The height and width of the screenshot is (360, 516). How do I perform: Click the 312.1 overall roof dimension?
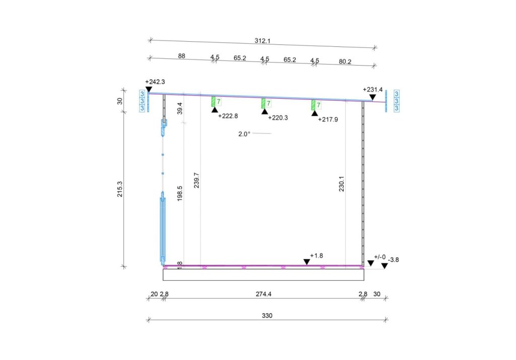click(x=262, y=41)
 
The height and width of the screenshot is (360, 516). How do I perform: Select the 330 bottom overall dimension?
click(x=267, y=316)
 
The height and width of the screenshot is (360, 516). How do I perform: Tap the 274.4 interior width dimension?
click(x=264, y=294)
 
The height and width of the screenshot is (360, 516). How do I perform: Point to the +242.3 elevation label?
click(x=155, y=82)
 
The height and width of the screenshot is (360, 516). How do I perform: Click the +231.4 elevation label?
click(x=373, y=89)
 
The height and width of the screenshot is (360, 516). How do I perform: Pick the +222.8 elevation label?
click(x=228, y=116)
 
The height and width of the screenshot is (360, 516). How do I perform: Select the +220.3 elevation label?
click(x=278, y=117)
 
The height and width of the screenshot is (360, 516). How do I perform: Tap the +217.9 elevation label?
click(x=328, y=119)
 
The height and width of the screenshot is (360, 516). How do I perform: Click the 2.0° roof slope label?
click(x=244, y=134)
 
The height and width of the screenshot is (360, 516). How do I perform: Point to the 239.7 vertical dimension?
click(x=197, y=180)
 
